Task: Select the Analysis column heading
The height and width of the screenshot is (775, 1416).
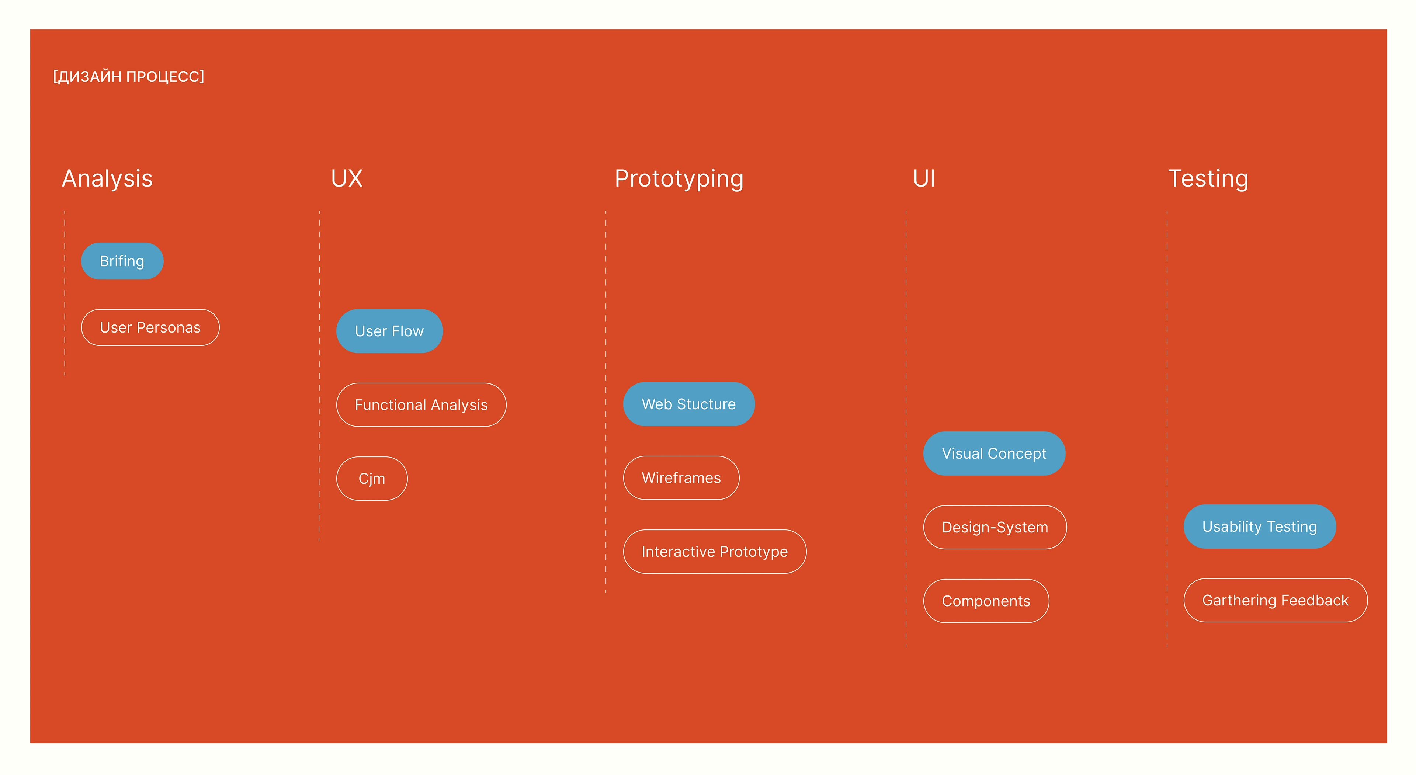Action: [107, 179]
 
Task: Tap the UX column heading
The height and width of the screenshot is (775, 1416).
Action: [347, 179]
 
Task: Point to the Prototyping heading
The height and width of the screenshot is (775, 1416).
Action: [679, 179]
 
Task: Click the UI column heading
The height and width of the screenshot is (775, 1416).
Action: [924, 179]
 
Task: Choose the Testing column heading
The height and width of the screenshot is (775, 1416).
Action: [1208, 179]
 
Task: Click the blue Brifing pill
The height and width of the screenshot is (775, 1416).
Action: [122, 261]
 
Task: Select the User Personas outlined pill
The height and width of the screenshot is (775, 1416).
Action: [150, 328]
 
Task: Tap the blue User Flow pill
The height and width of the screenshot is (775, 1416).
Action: [389, 331]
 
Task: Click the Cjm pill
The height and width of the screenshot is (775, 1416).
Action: [372, 479]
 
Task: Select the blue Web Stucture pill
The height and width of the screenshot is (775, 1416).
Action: [689, 404]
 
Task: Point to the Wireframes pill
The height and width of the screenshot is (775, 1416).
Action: [681, 477]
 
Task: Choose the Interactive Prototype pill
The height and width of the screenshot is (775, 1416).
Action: [715, 551]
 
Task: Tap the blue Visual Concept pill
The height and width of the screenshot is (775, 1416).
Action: [994, 453]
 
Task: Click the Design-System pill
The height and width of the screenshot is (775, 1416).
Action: [995, 527]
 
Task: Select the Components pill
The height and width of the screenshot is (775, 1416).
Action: [986, 601]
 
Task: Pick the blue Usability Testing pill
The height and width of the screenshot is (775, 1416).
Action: [1259, 526]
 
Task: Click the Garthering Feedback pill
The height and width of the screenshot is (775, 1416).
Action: [1275, 600]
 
